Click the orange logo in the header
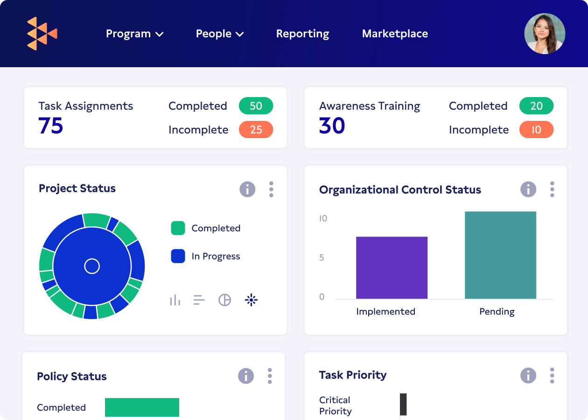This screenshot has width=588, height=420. tap(42, 34)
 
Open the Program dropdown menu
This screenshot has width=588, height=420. tap(134, 34)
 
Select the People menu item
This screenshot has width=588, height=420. tap(220, 34)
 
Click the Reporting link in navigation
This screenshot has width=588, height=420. tap(302, 34)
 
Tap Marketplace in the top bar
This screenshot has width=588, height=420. tap(395, 34)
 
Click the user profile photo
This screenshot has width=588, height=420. tap(545, 34)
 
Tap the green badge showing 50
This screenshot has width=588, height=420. tap(256, 106)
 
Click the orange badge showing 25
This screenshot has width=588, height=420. tap(256, 130)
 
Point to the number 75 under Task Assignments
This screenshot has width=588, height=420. tap(50, 126)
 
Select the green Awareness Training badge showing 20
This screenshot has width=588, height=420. tap(536, 106)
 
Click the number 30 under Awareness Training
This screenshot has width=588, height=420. tap(332, 126)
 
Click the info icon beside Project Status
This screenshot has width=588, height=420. tap(247, 189)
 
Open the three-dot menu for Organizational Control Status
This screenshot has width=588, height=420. tap(552, 189)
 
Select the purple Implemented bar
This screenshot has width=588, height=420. tap(392, 267)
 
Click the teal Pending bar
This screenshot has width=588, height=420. tap(500, 255)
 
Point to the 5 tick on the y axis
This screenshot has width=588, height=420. tap(322, 258)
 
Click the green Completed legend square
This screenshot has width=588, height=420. tap(178, 228)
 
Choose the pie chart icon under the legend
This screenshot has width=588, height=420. tap(225, 300)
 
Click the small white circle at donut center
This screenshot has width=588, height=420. tap(92, 266)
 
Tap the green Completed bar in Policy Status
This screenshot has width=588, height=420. tap(142, 407)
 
